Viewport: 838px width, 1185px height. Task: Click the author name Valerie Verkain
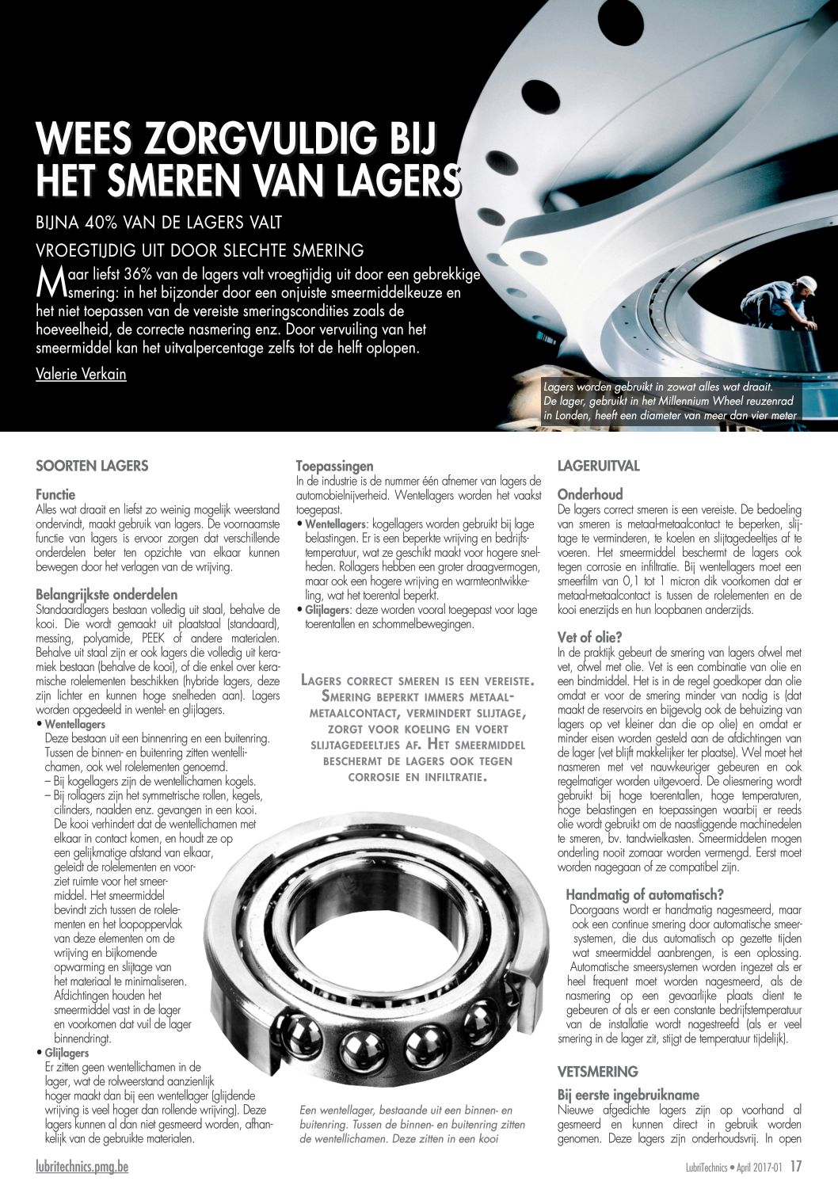pos(81,374)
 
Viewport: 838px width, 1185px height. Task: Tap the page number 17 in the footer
pos(796,1166)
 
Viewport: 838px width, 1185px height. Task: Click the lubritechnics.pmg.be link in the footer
pos(82,1166)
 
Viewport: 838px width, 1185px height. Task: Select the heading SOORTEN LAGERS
pos(92,466)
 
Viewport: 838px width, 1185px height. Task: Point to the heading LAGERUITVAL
pos(598,466)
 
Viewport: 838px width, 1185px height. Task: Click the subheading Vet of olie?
pos(589,637)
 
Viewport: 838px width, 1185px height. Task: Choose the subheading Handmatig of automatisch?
pos(644,894)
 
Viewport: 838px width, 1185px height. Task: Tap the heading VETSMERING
pos(597,1072)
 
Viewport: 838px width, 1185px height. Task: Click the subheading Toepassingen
pos(334,466)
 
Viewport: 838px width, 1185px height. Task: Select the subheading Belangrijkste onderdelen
pos(106,594)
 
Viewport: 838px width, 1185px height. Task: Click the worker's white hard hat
pos(806,284)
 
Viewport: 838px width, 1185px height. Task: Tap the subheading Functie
pos(55,494)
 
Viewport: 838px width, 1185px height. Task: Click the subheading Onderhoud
pos(590,494)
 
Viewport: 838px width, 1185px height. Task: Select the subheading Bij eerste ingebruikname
pos(628,1095)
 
